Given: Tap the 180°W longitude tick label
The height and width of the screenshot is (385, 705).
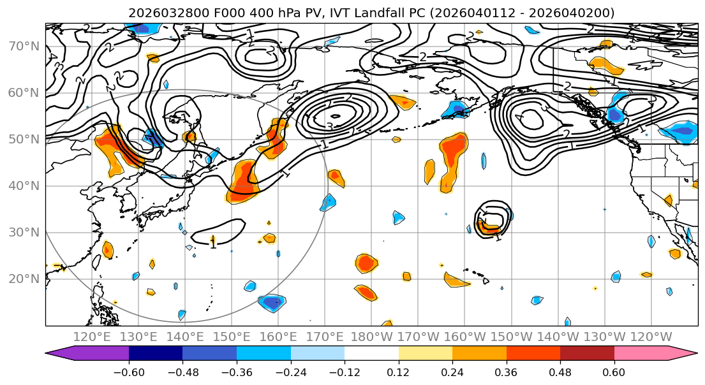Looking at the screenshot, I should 371,337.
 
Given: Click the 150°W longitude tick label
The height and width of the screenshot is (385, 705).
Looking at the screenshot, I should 511,337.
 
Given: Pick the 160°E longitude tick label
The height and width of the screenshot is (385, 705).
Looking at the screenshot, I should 278,337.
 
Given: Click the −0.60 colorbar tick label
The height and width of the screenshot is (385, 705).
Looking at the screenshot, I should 128,370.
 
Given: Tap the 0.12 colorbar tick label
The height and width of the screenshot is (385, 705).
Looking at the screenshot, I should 399,370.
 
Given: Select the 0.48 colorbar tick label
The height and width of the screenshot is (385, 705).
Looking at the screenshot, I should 560,370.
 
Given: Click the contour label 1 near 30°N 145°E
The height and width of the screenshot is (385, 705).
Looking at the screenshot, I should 213,243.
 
